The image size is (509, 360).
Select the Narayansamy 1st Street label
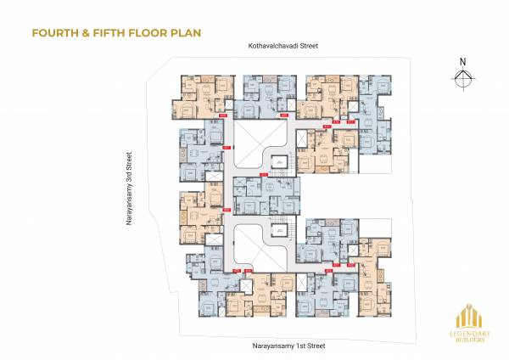click(x=288, y=346)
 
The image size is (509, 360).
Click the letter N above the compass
click(x=462, y=61)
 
